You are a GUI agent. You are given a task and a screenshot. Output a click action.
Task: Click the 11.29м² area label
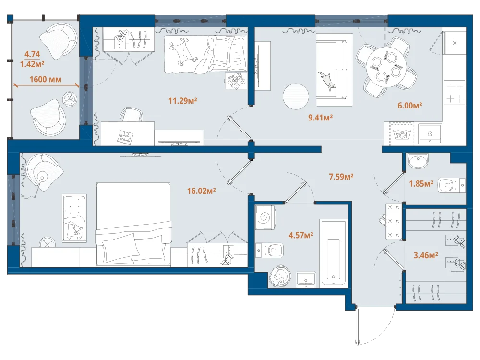click(182, 100)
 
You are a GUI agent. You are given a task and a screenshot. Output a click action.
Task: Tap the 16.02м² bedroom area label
click(202, 191)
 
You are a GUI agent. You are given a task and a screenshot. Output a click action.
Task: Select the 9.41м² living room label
click(321, 118)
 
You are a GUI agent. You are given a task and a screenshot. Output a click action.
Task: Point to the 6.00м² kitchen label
click(410, 106)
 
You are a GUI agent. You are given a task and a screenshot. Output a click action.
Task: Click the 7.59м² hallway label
click(341, 177)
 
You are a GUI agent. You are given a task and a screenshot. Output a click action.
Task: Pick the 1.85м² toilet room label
click(421, 184)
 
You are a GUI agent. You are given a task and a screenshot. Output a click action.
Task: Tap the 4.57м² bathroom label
click(301, 235)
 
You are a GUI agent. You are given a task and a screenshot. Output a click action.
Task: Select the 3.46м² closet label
click(426, 255)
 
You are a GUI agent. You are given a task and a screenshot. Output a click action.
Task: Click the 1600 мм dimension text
click(45, 79)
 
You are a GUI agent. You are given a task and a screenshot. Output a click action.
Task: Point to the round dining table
click(386, 67)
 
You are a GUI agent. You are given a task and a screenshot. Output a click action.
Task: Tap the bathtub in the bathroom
click(334, 253)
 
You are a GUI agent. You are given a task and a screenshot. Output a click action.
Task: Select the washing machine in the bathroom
click(265, 217)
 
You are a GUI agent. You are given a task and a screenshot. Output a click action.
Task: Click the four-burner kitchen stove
click(455, 92)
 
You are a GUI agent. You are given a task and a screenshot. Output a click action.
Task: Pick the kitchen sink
click(430, 134)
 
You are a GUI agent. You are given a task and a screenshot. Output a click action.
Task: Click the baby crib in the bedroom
click(74, 218)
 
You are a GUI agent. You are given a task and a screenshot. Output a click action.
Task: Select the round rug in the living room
click(296, 97)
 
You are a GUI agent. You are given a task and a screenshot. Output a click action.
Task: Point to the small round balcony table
click(70, 99)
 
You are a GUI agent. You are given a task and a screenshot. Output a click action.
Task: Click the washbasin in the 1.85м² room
click(418, 161)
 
